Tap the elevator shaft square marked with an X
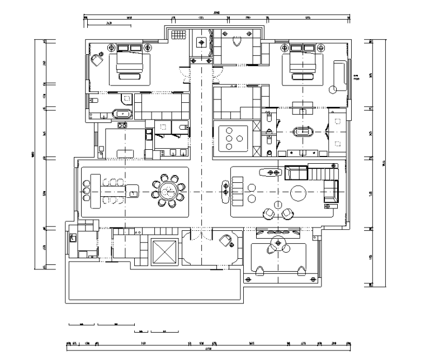point(163,250)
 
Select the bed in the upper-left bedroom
point(133,67)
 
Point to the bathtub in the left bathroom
point(122,114)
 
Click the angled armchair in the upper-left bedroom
point(98,60)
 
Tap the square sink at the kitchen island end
point(134,192)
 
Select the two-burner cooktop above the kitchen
point(122,126)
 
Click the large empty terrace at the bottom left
point(154,282)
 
